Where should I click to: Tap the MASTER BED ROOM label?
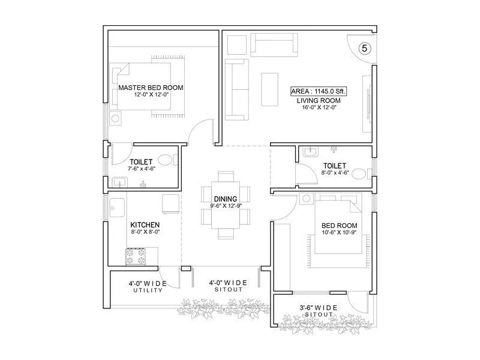pos(151,88)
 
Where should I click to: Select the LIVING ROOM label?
pos(319,100)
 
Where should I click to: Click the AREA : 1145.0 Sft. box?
pos(319,91)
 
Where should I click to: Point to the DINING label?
pos(225,199)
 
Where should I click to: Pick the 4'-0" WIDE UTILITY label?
pos(148,286)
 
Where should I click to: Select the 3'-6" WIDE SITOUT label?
pos(318,311)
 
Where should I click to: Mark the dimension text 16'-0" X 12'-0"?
pos(319,108)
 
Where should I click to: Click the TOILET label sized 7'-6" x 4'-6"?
pos(142,165)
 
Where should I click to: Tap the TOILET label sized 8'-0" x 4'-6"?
pos(334,168)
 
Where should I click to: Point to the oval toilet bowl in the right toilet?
pos(359,174)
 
